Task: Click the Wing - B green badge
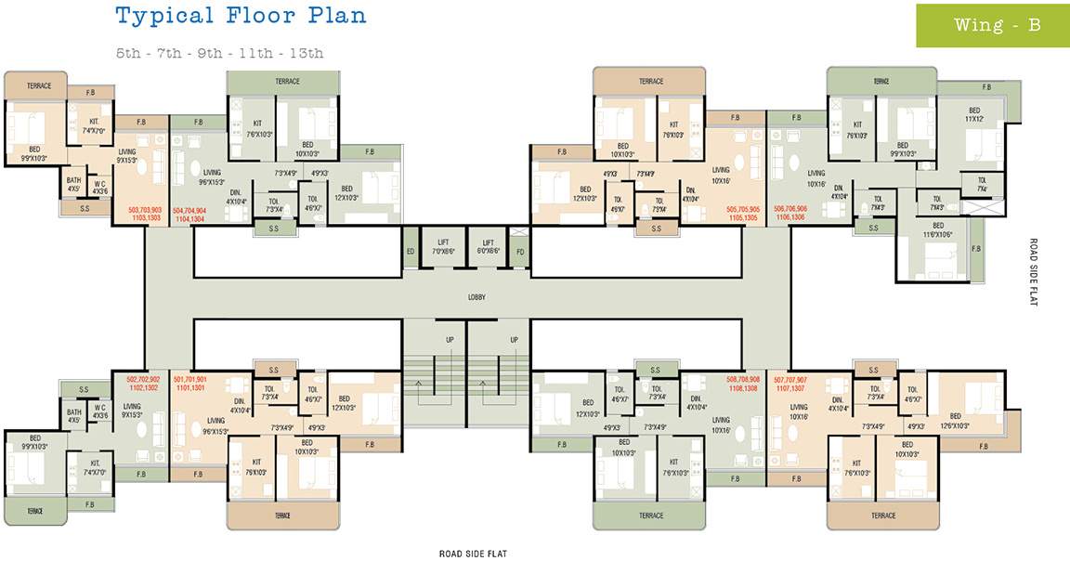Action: pyautogui.click(x=992, y=25)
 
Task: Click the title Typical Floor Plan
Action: pyautogui.click(x=241, y=15)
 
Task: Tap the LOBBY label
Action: pyautogui.click(x=477, y=297)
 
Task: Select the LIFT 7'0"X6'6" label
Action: pyautogui.click(x=443, y=246)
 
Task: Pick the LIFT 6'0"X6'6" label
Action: pyautogui.click(x=488, y=246)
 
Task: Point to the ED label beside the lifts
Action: pyautogui.click(x=410, y=251)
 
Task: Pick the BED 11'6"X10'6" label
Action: pyautogui.click(x=938, y=229)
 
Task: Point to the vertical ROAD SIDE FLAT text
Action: pyautogui.click(x=1033, y=272)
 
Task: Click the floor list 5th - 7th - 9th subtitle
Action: pyautogui.click(x=219, y=53)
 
